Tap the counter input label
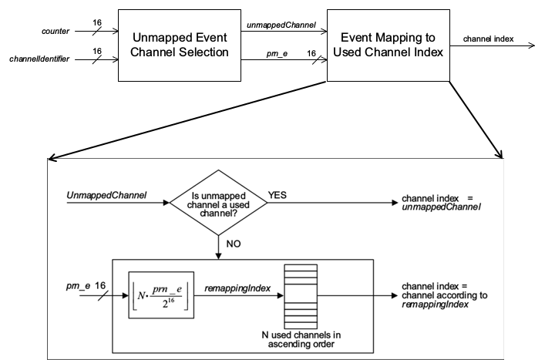56,32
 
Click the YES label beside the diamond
277,196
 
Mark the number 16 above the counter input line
97,23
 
